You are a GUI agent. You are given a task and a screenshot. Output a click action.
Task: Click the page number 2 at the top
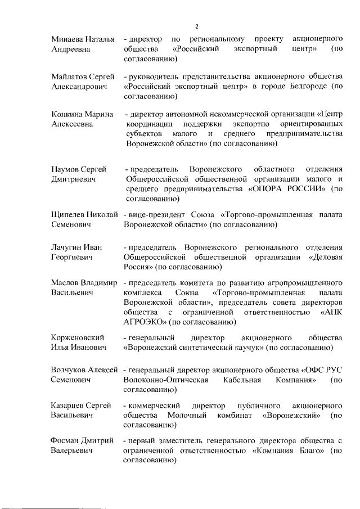click(x=197, y=25)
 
